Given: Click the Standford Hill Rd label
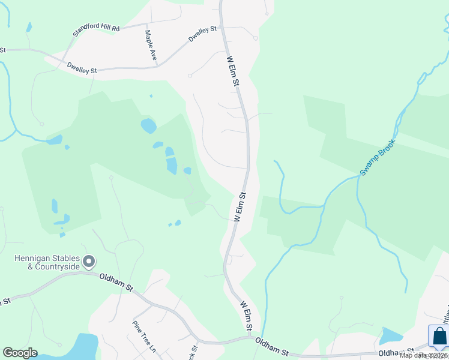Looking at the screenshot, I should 97,28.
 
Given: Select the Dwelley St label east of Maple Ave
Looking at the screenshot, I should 202,33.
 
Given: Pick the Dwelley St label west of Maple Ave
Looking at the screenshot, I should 82,68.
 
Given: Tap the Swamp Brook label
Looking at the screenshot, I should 379,159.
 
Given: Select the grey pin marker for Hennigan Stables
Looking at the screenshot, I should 89,262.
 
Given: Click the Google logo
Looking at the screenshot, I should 20,353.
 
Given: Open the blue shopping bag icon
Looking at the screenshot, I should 439,337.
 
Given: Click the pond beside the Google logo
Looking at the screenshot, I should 81,347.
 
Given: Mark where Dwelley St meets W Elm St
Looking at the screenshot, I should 221,28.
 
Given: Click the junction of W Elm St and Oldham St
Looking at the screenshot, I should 250,338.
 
